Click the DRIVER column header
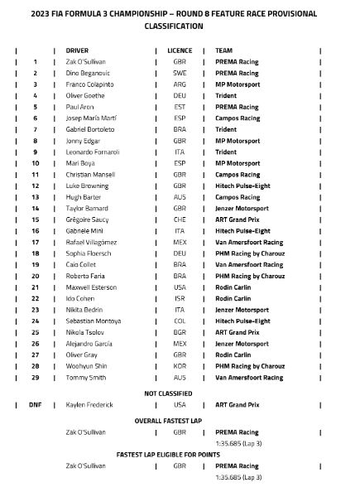coord(77,51)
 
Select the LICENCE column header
coord(180,51)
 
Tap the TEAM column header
coord(223,51)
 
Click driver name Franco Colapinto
coord(92,84)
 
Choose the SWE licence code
coord(180,73)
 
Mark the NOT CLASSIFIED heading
coord(180,390)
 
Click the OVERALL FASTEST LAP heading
coord(180,421)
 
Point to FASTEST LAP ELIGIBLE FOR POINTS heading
coord(180,455)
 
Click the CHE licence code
coord(180,219)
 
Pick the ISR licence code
coord(180,299)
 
